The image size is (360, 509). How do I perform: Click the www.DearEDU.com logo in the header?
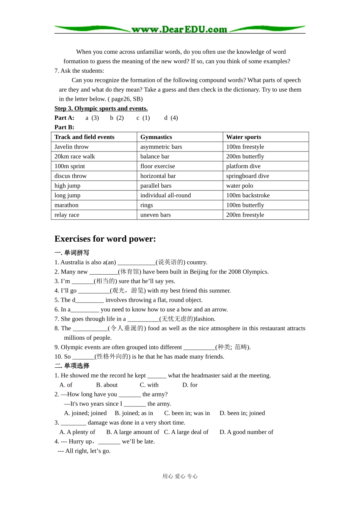coord(179,30)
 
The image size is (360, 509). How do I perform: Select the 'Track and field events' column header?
coord(84,137)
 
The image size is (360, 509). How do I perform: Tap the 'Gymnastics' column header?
coord(156,137)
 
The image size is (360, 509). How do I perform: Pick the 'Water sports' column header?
coord(243,137)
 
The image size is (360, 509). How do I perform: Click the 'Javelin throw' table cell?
coord(71,147)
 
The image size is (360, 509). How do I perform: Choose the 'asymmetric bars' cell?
coord(161,147)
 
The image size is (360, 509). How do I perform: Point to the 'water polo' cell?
coord(239,186)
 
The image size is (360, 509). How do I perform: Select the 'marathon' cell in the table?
coord(66,205)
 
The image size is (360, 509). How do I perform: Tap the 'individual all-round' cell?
coord(165,195)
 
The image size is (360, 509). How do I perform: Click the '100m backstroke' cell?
coord(248,195)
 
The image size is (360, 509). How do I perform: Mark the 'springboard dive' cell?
coord(247,176)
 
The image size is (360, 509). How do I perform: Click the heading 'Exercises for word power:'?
coord(105,239)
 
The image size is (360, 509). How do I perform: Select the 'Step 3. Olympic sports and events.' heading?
coord(101,109)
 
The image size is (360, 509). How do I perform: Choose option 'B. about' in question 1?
coord(107,385)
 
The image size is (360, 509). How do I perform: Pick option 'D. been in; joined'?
coord(242,413)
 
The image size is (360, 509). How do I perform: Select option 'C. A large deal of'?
coord(186,432)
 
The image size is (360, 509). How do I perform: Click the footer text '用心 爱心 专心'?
coord(180,476)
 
